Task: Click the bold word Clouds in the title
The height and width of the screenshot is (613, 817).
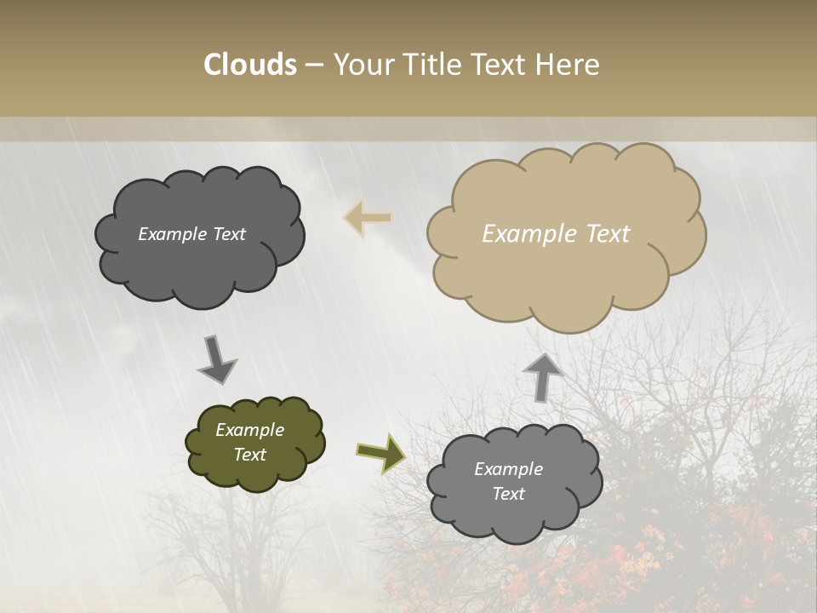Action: pyautogui.click(x=251, y=64)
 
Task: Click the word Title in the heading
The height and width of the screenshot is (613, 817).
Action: pyautogui.click(x=433, y=64)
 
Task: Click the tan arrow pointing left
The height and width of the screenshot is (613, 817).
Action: pyautogui.click(x=368, y=217)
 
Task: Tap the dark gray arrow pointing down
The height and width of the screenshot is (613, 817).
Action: pyautogui.click(x=217, y=358)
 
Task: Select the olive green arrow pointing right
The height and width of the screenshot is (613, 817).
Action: pyautogui.click(x=380, y=453)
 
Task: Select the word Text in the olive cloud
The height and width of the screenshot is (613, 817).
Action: pyautogui.click(x=250, y=455)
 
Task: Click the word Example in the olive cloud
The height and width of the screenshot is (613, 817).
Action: pyautogui.click(x=250, y=430)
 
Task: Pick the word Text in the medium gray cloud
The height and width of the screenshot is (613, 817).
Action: pyautogui.click(x=509, y=494)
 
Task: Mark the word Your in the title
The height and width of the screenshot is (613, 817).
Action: pyautogui.click(x=359, y=64)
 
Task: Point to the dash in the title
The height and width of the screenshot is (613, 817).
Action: pyautogui.click(x=313, y=65)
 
